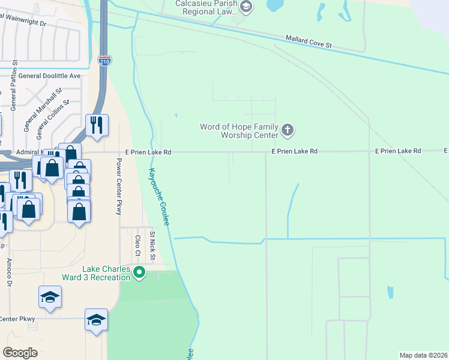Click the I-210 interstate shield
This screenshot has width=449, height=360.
(x=103, y=61)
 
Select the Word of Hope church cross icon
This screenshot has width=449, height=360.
(x=288, y=130)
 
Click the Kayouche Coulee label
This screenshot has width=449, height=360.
(x=159, y=196)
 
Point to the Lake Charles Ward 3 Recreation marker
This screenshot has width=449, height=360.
(x=139, y=273)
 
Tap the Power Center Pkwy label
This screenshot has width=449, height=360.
(x=119, y=187)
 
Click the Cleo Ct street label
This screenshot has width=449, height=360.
(x=137, y=245)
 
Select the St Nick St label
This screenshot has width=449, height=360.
(x=152, y=246)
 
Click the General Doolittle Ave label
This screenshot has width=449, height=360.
(x=49, y=76)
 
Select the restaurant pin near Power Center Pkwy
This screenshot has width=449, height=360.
(x=97, y=125)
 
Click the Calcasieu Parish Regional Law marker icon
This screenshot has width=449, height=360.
(x=246, y=7)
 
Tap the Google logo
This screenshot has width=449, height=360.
(x=20, y=353)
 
